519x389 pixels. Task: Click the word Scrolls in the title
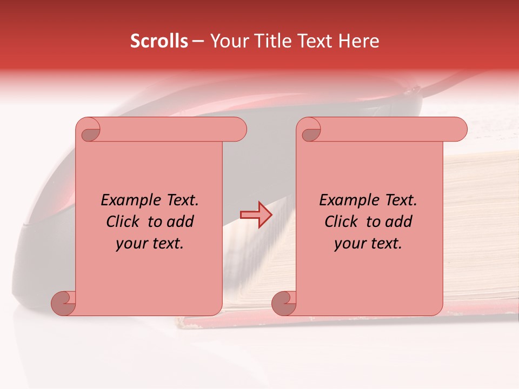point(159,41)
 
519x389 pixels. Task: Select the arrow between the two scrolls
point(256,214)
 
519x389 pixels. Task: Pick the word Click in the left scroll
point(123,222)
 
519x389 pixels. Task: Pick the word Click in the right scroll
point(341,222)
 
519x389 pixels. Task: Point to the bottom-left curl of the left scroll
point(63,303)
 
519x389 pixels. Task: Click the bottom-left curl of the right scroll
point(284,303)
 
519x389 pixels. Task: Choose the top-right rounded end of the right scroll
point(457,129)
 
